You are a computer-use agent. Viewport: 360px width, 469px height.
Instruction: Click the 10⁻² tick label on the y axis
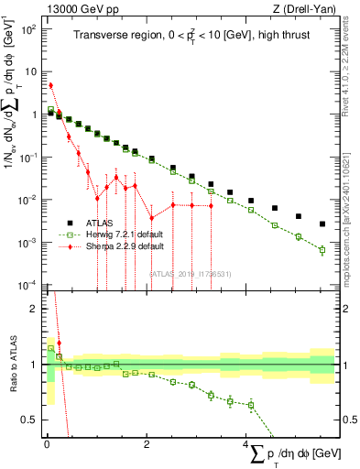tap(29, 200)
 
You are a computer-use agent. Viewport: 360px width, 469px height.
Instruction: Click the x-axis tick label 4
tap(245, 444)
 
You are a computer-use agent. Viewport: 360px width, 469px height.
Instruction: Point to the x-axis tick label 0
tap(46, 444)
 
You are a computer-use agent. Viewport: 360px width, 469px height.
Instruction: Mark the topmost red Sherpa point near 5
tap(50, 85)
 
